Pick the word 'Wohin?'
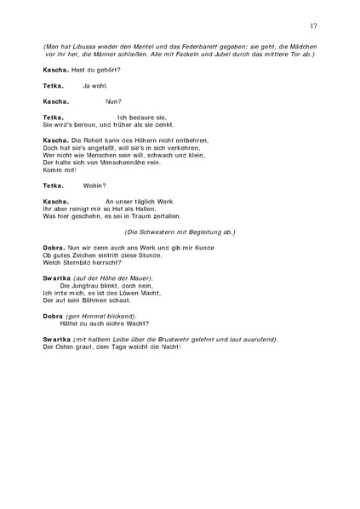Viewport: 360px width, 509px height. click(x=94, y=185)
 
